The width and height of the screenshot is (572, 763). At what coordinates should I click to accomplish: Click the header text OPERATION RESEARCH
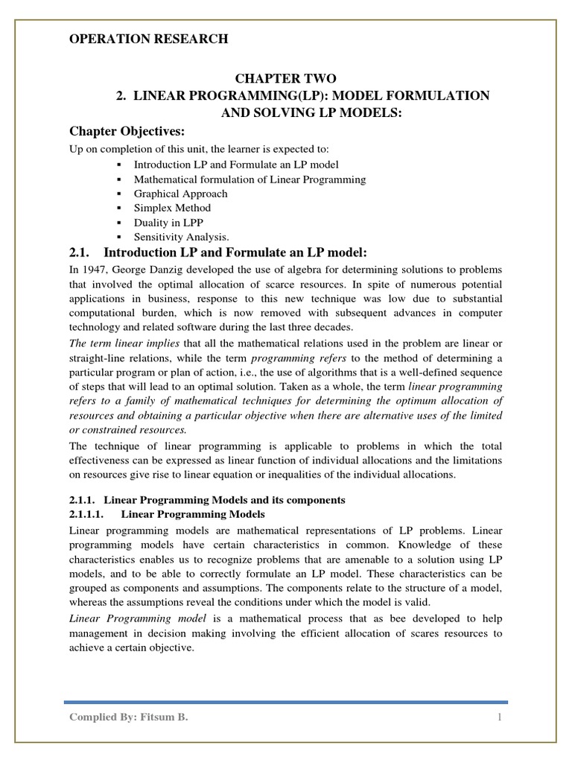148,39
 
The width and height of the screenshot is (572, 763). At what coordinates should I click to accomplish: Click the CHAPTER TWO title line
286,78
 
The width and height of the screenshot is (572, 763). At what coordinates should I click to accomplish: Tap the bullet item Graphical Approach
181,194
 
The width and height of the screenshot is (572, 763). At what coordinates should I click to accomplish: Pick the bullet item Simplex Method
172,208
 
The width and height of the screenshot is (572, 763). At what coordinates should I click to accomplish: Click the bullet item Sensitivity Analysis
181,236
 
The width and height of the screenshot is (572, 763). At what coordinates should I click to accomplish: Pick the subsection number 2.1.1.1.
89,514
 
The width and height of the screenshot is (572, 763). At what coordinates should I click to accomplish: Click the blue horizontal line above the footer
286,702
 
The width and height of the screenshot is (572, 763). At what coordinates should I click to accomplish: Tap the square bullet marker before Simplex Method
119,208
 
